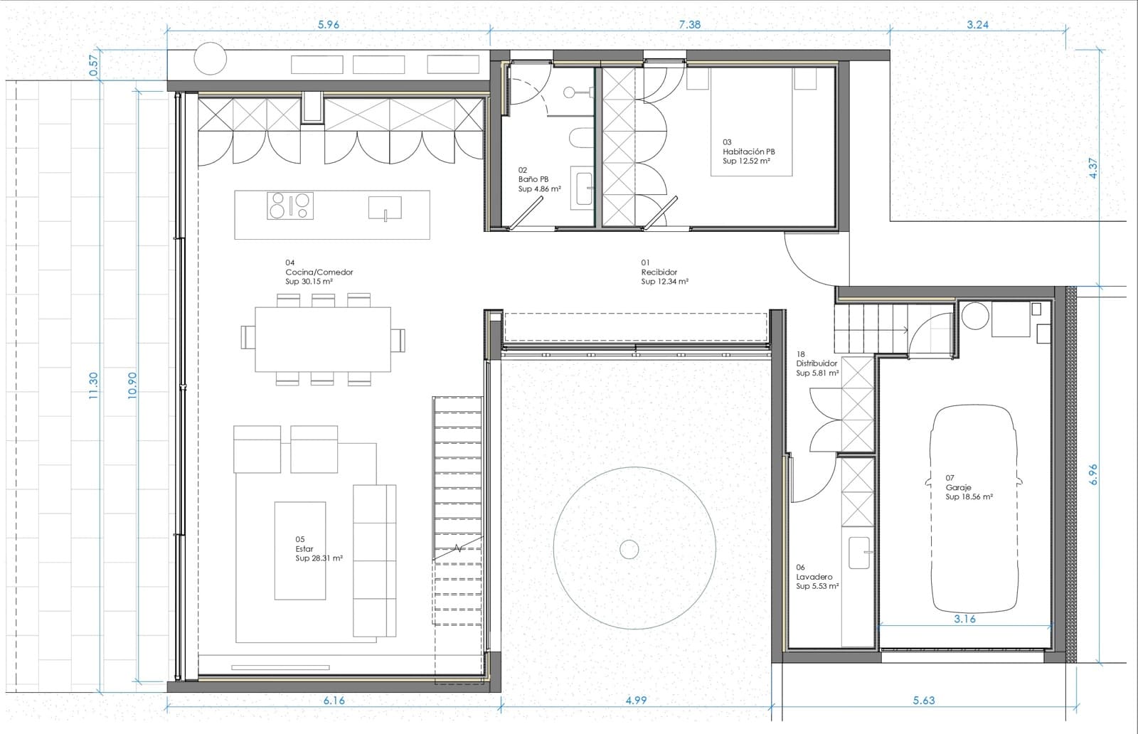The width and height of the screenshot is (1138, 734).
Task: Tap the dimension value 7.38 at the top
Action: tap(689, 24)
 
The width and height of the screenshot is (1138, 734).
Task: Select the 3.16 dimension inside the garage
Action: tap(964, 619)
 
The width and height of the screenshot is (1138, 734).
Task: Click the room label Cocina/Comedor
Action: tap(319, 272)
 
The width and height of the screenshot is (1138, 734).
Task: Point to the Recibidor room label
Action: tap(659, 272)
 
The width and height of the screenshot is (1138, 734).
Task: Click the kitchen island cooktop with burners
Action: tap(289, 206)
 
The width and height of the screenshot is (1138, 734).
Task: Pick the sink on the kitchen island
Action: tap(385, 208)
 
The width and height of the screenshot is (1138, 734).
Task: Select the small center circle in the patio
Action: tap(629, 548)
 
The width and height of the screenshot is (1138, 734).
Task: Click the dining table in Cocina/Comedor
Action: tap(323, 339)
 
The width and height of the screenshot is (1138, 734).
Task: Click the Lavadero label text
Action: tap(814, 577)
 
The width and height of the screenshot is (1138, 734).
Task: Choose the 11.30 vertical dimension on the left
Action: tap(93, 385)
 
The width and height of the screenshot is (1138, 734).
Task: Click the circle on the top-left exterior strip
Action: tap(211, 58)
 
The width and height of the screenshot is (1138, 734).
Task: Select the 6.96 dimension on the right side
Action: tap(1094, 474)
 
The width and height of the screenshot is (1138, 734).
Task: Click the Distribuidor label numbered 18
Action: tap(817, 363)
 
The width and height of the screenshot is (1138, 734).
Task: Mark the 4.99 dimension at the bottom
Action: tap(636, 700)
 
